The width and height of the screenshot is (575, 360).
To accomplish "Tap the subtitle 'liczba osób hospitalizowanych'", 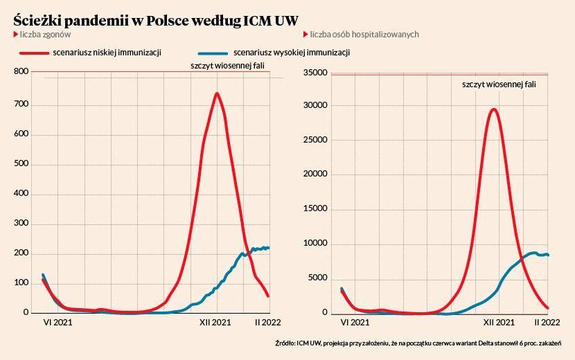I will (364, 34).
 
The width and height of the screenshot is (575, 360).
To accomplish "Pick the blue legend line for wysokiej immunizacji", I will (213, 53).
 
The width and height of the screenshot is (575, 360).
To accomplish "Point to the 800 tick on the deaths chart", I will (21, 71).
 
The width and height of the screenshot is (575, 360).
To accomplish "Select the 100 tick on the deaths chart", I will (21, 282).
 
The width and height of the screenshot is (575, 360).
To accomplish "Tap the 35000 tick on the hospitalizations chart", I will (315, 71).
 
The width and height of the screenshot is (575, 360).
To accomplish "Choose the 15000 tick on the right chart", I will (315, 209).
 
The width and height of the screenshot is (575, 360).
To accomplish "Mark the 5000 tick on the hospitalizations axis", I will (317, 278).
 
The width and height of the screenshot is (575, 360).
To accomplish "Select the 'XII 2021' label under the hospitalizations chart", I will (499, 323).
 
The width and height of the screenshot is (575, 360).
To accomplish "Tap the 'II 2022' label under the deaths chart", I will (267, 323).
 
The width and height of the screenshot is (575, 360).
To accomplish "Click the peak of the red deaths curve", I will (217, 93).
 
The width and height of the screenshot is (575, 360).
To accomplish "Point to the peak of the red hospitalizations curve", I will (493, 109).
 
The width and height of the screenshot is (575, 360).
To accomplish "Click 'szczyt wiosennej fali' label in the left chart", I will (228, 66).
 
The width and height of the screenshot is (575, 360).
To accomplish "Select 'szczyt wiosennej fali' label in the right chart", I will (499, 84).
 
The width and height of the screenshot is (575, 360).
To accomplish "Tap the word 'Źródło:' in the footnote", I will (285, 343).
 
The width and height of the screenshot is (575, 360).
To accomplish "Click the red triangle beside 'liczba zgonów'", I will (15, 34).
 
